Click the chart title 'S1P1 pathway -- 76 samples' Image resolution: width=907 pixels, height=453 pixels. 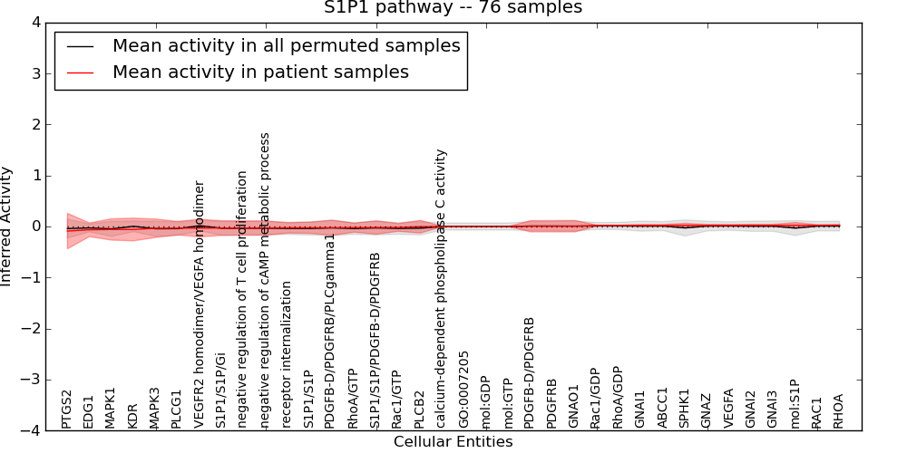click(453, 8)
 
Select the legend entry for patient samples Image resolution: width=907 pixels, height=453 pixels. click(260, 72)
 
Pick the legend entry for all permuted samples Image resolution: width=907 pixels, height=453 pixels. click(286, 45)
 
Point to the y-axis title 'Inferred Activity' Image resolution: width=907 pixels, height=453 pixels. click(7, 226)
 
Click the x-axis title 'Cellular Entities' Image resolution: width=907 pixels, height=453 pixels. click(453, 442)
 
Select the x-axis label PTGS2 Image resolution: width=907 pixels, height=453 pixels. click(67, 409)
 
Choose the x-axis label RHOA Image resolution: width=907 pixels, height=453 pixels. click(838, 410)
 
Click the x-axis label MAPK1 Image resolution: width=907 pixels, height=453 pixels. click(111, 408)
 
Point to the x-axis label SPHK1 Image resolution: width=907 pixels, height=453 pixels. click(684, 409)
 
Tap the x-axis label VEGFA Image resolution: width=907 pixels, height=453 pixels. click(728, 409)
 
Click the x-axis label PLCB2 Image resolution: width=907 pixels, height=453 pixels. click(419, 410)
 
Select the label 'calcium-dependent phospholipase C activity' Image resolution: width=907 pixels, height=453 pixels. click(441, 289)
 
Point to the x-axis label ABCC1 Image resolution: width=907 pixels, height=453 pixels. click(662, 409)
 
